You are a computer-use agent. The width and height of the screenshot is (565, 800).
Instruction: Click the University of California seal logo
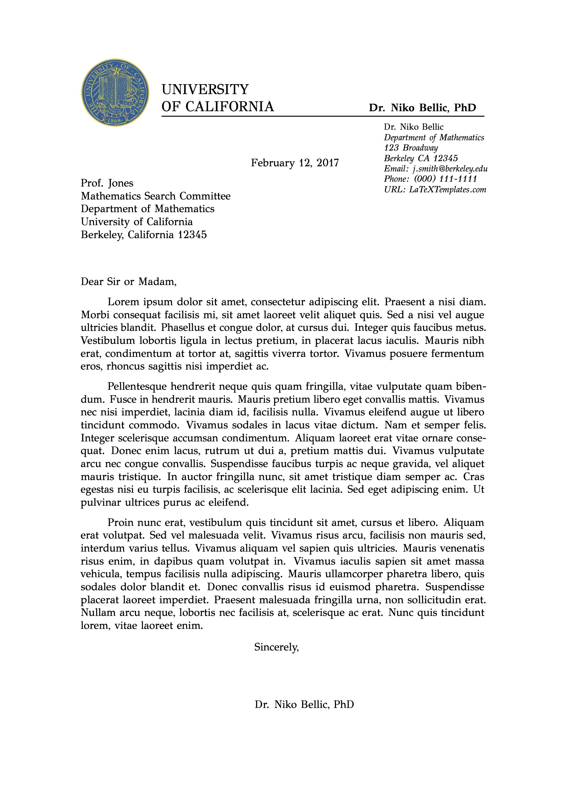point(115,92)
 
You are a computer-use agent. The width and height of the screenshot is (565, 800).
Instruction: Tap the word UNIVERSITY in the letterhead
point(205,90)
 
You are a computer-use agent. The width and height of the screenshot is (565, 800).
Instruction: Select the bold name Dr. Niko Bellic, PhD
point(422,107)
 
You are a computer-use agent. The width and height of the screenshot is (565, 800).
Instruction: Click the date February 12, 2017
point(295,163)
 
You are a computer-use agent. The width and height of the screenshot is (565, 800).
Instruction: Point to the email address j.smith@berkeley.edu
point(450,169)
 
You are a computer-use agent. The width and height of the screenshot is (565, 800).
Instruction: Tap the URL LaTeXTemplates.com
point(447,190)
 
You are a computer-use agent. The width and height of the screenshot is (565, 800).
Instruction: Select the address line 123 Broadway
point(411,148)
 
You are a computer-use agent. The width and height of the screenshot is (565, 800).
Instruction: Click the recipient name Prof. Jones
point(107,183)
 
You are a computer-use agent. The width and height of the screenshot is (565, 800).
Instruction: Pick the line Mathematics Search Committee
point(156,196)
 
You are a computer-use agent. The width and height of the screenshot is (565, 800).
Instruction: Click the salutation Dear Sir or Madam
point(129,282)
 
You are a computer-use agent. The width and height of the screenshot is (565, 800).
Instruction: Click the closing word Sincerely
point(277,647)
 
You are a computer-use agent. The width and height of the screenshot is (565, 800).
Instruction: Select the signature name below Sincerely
point(304,705)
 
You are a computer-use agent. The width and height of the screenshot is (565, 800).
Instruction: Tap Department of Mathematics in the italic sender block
point(434,138)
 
